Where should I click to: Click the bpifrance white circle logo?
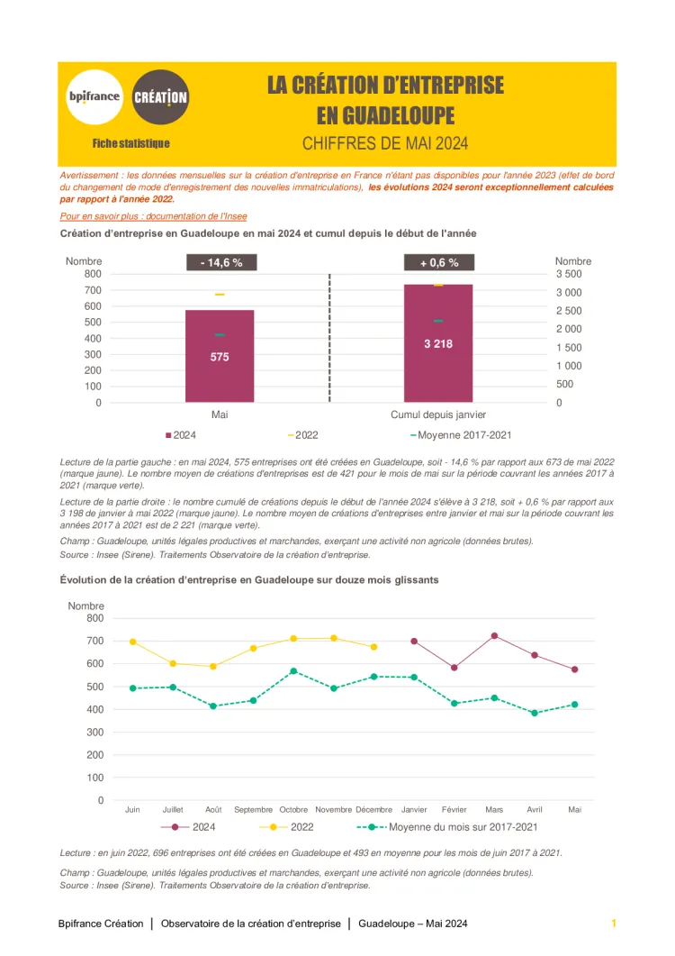[x=94, y=96]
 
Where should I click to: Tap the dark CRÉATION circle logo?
[x=160, y=96]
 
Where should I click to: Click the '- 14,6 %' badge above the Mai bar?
[x=221, y=263]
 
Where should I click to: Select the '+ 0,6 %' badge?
[x=438, y=263]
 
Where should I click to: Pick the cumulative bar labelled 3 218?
[x=438, y=343]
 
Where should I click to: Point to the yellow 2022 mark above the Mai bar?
[x=220, y=295]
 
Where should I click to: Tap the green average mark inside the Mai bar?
[x=220, y=335]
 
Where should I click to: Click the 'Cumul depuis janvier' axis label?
[x=438, y=414]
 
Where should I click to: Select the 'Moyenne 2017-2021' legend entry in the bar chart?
[x=461, y=435]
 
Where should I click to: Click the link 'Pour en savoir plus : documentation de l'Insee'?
[x=153, y=216]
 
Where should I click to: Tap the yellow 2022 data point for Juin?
[x=133, y=642]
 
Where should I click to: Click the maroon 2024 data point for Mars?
[x=494, y=636]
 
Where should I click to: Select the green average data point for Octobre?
[x=293, y=671]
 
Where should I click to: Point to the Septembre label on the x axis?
[x=253, y=810]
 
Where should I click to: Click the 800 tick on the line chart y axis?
[x=94, y=618]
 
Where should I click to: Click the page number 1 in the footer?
[x=614, y=924]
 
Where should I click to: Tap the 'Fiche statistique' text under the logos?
[x=130, y=143]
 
